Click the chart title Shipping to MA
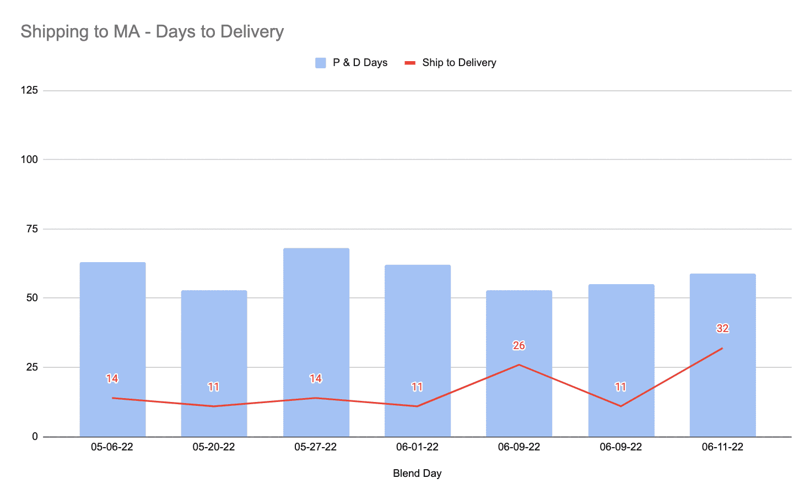tap(152, 31)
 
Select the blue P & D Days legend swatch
tap(320, 63)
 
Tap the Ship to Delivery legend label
tap(459, 63)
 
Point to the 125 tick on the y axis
tap(29, 90)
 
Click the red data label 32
tap(722, 329)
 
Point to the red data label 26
tap(519, 346)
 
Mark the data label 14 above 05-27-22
tap(316, 379)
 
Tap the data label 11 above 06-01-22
tap(417, 387)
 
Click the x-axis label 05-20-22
tap(214, 447)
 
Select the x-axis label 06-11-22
tap(722, 447)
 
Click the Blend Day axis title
tap(417, 474)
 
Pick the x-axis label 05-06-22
tap(112, 447)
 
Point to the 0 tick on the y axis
tap(35, 437)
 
